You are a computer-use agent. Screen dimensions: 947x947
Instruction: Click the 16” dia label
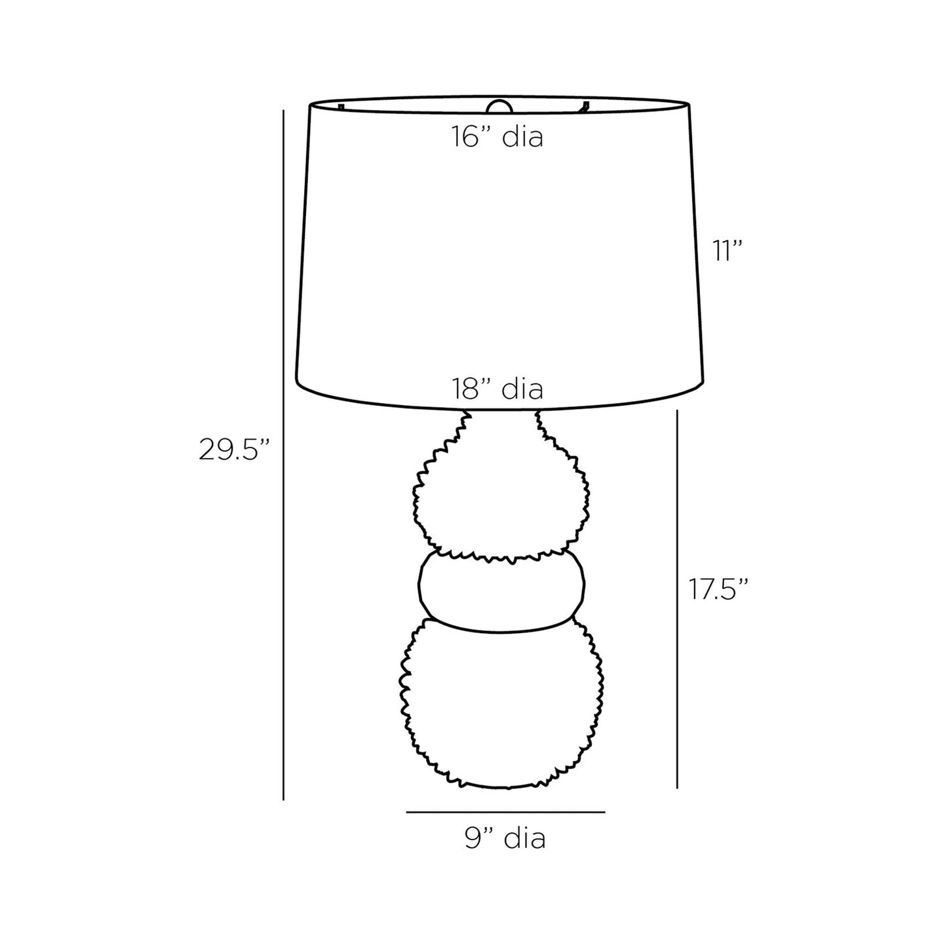[497, 136]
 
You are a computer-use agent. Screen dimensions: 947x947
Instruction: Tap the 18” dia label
[497, 389]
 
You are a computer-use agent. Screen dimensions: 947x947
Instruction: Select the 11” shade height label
[726, 251]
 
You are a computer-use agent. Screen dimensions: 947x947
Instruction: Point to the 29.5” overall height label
[234, 450]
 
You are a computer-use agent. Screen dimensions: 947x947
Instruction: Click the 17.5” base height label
[718, 589]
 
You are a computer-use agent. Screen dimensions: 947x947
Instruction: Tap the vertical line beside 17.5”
[677, 599]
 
